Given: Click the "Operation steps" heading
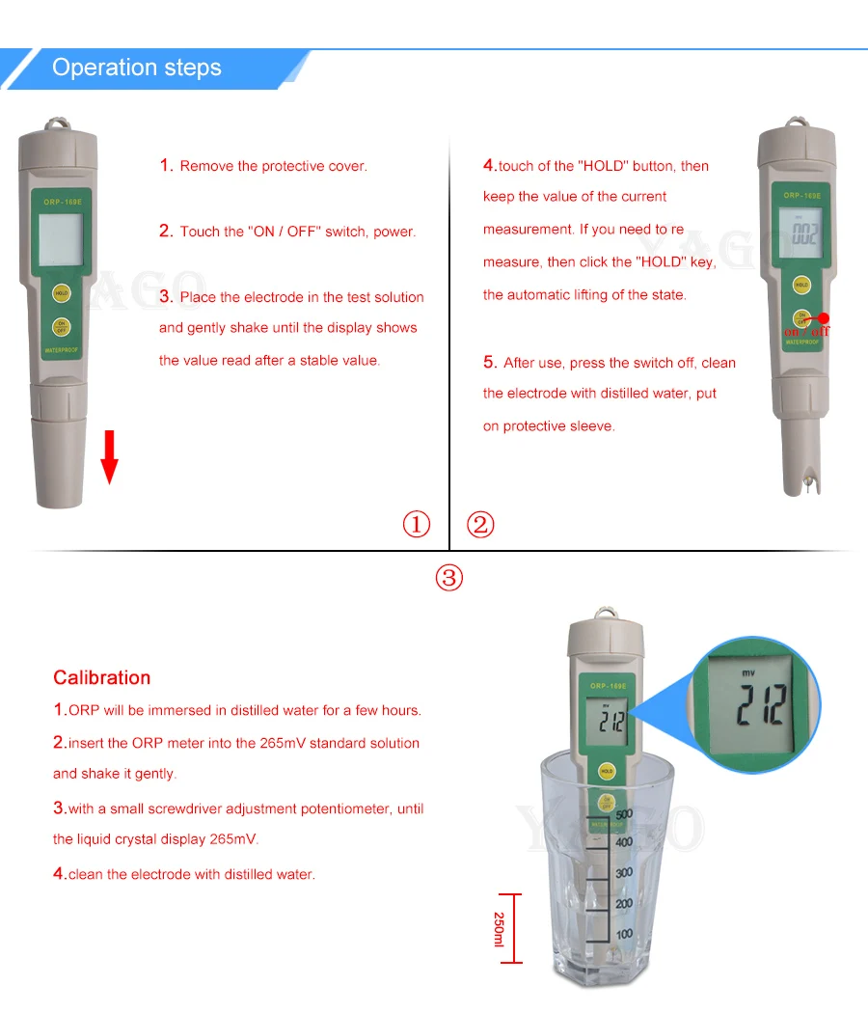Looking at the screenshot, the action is pyautogui.click(x=137, y=68).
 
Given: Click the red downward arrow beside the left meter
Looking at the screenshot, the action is pyautogui.click(x=110, y=456).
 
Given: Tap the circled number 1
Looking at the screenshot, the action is pyautogui.click(x=417, y=524).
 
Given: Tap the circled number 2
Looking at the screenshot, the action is pyautogui.click(x=480, y=525).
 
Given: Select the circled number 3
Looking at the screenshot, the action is pyautogui.click(x=448, y=578).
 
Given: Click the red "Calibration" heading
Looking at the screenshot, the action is pyautogui.click(x=101, y=677).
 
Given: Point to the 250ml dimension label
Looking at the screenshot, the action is pyautogui.click(x=499, y=929).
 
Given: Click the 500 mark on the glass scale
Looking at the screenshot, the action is pyautogui.click(x=624, y=814).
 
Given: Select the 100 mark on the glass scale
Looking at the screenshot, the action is pyautogui.click(x=624, y=934).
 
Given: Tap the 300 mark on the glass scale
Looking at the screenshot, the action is pyautogui.click(x=624, y=873).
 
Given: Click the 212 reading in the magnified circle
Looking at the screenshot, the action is pyautogui.click(x=762, y=704).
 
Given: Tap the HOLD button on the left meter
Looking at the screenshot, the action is pyautogui.click(x=62, y=293).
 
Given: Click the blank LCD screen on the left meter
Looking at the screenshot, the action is pyautogui.click(x=61, y=239).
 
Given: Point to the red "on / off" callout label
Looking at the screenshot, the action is pyautogui.click(x=806, y=332).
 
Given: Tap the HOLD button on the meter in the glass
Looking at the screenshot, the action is pyautogui.click(x=607, y=772).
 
